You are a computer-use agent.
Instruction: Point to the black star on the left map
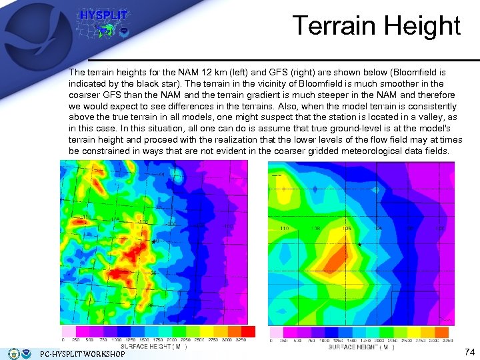[155, 241]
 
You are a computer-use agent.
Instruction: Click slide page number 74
[469, 351]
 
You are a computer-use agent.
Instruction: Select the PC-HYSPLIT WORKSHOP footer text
[83, 354]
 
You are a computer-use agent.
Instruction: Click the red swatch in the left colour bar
[248, 331]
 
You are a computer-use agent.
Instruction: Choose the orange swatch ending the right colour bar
[441, 331]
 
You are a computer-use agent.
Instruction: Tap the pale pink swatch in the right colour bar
[276, 331]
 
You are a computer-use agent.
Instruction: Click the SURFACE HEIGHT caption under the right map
[361, 347]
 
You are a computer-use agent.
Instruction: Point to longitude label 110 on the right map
[285, 229]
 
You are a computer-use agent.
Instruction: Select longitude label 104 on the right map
[379, 229]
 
